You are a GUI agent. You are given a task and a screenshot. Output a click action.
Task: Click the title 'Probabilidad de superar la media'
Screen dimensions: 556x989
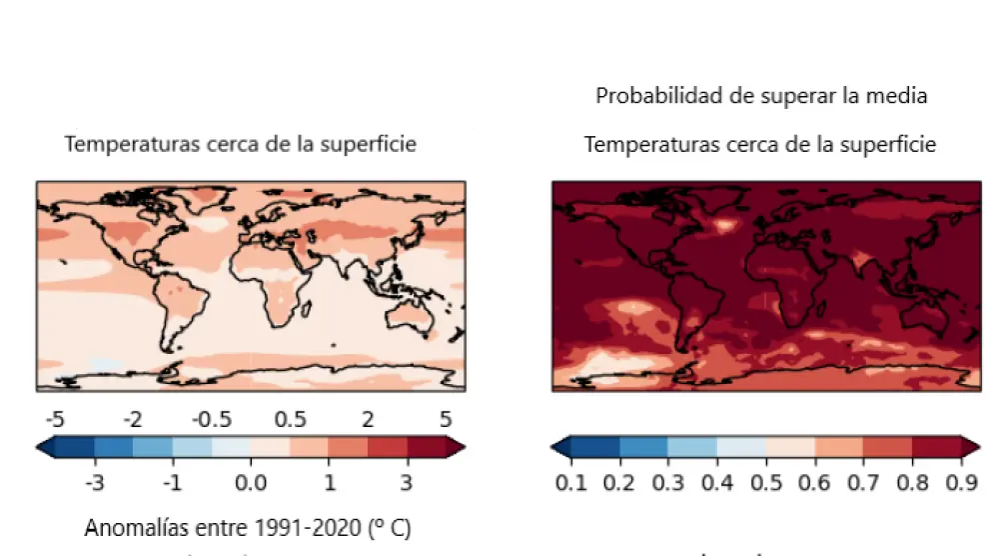[761, 96]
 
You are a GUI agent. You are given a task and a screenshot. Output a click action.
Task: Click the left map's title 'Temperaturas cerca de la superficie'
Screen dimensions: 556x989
[240, 144]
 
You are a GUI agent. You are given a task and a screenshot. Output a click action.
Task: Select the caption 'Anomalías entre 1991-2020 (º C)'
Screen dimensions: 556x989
[248, 526]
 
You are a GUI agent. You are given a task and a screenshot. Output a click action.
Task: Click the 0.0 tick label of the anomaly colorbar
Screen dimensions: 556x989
[250, 484]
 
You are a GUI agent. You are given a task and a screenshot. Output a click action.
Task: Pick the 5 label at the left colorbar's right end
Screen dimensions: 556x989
[446, 418]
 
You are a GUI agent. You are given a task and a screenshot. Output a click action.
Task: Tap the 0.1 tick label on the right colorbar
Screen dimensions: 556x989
[570, 484]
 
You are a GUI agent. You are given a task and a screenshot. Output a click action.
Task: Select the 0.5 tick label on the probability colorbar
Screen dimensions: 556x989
[766, 484]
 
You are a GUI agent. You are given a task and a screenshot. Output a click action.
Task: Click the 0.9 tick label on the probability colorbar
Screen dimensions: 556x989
[961, 484]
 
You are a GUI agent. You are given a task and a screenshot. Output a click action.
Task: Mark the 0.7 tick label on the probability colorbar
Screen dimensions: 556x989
[864, 484]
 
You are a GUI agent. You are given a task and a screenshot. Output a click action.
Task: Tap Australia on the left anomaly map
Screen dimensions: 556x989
[410, 316]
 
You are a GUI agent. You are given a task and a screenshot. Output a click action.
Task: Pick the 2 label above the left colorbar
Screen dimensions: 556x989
[368, 418]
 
